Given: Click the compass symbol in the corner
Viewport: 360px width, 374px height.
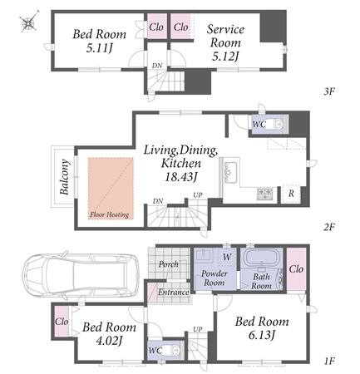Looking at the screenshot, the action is (x=29, y=22).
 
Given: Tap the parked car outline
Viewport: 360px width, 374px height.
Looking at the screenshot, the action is (x=81, y=274).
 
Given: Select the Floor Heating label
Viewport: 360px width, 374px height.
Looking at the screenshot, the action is (x=110, y=214).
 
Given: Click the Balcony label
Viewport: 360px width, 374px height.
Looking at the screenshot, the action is (x=64, y=177).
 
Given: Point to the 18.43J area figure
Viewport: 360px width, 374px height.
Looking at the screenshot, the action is (x=180, y=176).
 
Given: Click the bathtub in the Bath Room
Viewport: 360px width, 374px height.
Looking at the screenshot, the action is (x=262, y=258).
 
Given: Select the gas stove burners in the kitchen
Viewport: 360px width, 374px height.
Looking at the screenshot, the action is (x=264, y=192).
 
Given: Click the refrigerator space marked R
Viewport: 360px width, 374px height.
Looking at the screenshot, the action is (x=291, y=194).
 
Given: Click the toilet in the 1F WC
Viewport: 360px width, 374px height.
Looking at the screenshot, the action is (x=172, y=350).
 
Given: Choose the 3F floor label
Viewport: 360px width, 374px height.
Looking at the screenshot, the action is (x=329, y=91).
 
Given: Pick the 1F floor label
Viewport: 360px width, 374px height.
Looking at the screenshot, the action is (x=329, y=361).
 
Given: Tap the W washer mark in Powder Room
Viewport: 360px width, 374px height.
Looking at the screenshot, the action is (x=227, y=257).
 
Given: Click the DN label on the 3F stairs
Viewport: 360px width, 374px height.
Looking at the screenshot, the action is (x=157, y=66).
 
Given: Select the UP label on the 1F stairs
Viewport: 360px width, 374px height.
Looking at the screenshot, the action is (x=198, y=329).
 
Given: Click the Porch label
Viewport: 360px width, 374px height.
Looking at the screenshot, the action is (x=169, y=264).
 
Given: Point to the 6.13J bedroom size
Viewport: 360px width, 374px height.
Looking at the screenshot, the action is (x=262, y=336).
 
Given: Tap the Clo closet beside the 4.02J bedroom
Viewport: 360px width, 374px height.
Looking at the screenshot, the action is (x=62, y=322).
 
